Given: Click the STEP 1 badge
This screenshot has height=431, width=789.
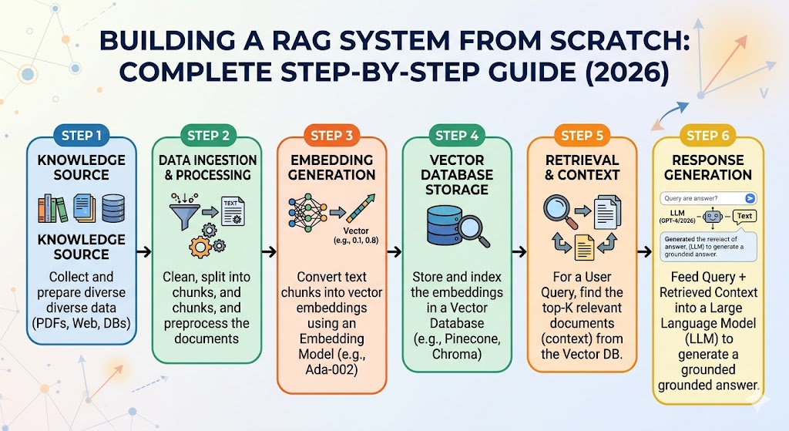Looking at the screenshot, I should (82, 135).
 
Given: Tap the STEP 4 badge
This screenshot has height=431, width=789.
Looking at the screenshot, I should (457, 135).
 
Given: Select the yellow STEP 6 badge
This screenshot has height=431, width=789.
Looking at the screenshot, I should (707, 135).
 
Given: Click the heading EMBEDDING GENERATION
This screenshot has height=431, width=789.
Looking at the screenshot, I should (332, 167).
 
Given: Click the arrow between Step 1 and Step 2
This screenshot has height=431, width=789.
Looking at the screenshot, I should (143, 251).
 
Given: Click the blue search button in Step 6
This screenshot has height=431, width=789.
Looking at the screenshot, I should (750, 198).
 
